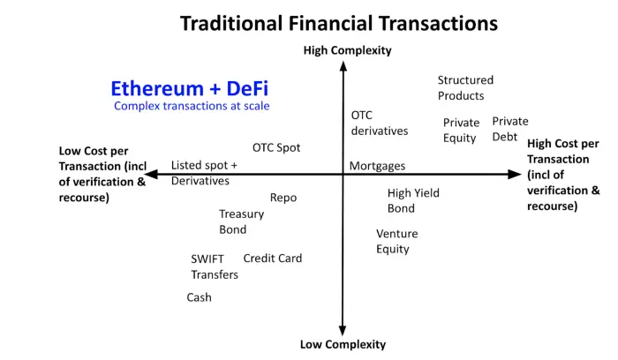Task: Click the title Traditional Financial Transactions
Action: click(x=338, y=22)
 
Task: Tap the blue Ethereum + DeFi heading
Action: click(x=189, y=88)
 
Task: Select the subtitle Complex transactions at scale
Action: click(x=192, y=106)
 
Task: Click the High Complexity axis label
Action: click(x=347, y=50)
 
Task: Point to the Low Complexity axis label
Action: click(x=343, y=344)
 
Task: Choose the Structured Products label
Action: click(x=465, y=87)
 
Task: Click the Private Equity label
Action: click(x=461, y=130)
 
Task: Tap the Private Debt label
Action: click(x=510, y=129)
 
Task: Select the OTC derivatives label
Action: click(x=380, y=123)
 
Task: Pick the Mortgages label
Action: click(x=377, y=166)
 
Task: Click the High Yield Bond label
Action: click(x=413, y=200)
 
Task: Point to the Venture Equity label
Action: click(x=396, y=241)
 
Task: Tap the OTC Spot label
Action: click(x=276, y=147)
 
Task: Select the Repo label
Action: click(x=283, y=198)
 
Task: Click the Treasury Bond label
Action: click(x=241, y=221)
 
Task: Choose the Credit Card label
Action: click(x=273, y=259)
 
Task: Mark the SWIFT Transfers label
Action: click(x=215, y=266)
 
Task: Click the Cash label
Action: click(x=199, y=297)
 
